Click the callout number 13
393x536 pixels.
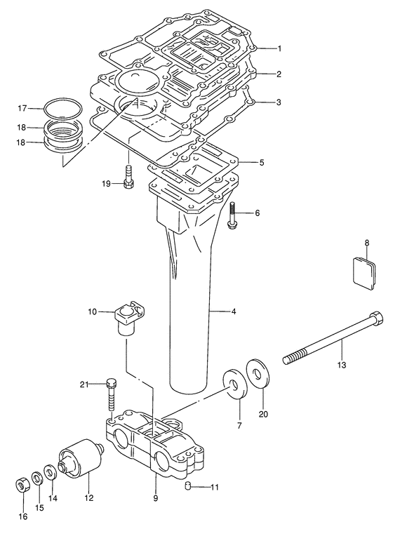click(x=342, y=365)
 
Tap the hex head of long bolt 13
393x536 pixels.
click(x=376, y=317)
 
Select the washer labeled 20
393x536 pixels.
click(x=258, y=374)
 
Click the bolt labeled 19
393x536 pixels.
click(x=128, y=176)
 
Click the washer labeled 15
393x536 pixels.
click(x=37, y=478)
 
